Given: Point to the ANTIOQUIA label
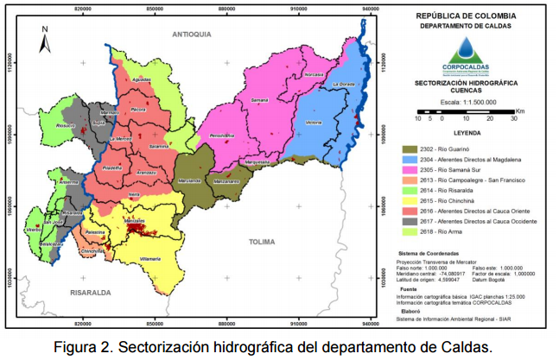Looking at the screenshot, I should tap(191, 34).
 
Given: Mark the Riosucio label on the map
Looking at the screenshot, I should tap(65, 125).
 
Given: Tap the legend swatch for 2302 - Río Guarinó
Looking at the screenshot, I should tap(416, 150).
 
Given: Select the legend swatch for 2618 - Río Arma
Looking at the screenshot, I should tap(416, 232).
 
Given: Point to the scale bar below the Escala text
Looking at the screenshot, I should tap(467, 111).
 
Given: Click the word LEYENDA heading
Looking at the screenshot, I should tap(466, 134).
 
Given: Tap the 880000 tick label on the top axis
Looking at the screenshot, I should tap(227, 8).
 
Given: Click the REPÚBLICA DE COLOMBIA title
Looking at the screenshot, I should tap(466, 16).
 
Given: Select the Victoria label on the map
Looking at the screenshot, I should tap(314, 123).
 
